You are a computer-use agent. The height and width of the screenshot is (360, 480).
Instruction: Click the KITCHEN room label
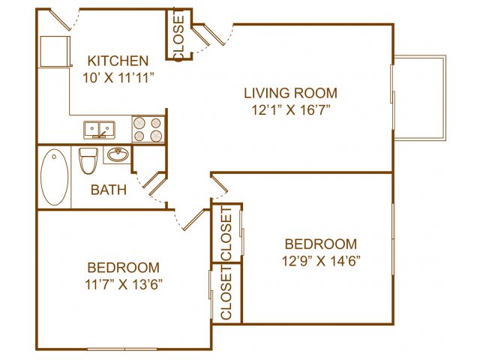pyautogui.click(x=118, y=61)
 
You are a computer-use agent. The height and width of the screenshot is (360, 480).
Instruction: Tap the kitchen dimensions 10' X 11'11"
pyautogui.click(x=118, y=78)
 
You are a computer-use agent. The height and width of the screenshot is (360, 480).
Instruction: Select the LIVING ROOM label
pyautogui.click(x=290, y=93)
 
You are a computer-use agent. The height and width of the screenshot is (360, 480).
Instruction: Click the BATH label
pyautogui.click(x=109, y=190)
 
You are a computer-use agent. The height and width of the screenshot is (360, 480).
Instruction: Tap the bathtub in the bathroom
pyautogui.click(x=55, y=177)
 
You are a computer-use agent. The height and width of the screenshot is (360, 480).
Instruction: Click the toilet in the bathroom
pyautogui.click(x=88, y=160)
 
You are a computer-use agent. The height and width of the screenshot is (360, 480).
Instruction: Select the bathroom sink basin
pyautogui.click(x=118, y=155)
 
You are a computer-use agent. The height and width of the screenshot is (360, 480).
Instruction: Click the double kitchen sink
pyautogui.click(x=99, y=130)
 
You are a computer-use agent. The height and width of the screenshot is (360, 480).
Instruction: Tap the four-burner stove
pyautogui.click(x=148, y=129)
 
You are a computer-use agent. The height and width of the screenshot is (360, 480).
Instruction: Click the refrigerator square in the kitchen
pyautogui.click(x=55, y=51)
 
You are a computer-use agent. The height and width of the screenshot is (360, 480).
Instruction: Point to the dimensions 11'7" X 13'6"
pyautogui.click(x=123, y=285)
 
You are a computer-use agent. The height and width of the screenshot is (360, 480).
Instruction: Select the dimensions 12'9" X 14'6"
pyautogui.click(x=321, y=261)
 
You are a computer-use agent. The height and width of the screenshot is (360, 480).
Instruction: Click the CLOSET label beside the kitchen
pyautogui.click(x=178, y=35)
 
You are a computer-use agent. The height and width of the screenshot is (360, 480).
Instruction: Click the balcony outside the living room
pyautogui.click(x=420, y=97)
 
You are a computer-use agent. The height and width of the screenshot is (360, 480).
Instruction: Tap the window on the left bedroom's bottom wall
pyautogui.click(x=122, y=349)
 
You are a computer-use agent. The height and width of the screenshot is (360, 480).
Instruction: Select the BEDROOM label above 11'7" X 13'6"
pyautogui.click(x=123, y=268)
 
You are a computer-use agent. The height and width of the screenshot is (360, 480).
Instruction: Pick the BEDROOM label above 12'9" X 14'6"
pyautogui.click(x=321, y=244)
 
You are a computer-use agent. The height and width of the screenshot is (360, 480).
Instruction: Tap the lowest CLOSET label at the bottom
pyautogui.click(x=226, y=293)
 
